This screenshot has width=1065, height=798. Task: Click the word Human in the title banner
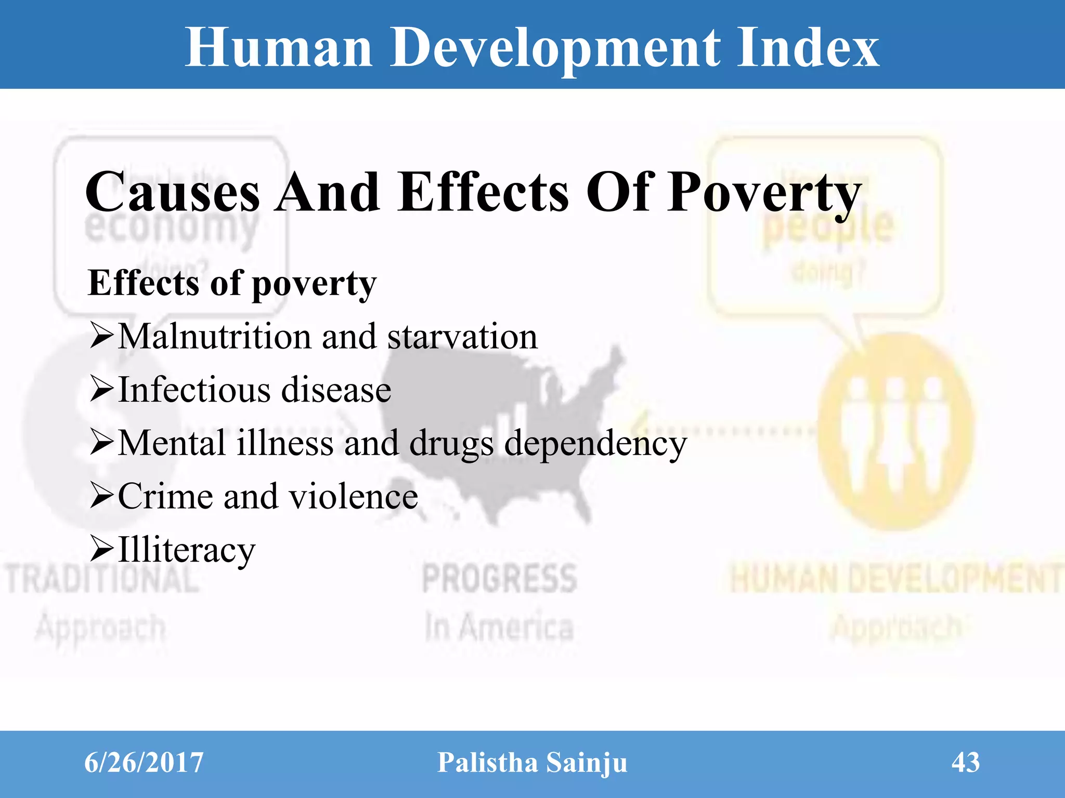[279, 48]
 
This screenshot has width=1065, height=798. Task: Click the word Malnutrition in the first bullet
[214, 337]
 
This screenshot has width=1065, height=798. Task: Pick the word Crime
[166, 496]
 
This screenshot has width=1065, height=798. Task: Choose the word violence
[354, 496]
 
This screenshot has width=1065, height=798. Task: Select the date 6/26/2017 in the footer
[144, 763]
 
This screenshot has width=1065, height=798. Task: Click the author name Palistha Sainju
[532, 763]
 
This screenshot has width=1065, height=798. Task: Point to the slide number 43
[966, 763]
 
